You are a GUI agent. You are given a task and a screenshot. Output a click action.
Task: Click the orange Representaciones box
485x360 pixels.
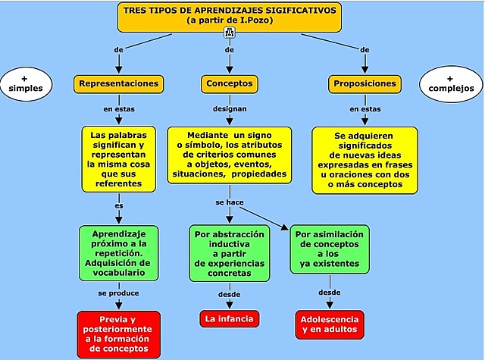coord(119,83)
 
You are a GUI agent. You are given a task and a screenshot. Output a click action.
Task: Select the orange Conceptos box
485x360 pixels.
coord(229,83)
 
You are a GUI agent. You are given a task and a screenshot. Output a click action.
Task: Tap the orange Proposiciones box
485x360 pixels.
coord(365,83)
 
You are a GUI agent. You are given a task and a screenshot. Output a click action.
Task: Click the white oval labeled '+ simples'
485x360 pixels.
coord(27,83)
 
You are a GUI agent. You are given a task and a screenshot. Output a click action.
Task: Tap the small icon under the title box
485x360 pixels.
coord(230,33)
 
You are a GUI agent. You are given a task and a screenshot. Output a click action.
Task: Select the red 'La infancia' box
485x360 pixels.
coord(229,318)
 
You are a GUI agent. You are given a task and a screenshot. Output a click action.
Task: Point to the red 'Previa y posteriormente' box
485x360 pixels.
coord(119,334)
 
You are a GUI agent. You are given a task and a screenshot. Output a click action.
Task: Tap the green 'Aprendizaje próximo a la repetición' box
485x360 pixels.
coord(119,252)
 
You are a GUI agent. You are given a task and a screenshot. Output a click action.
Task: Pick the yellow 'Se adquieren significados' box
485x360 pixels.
coord(365,158)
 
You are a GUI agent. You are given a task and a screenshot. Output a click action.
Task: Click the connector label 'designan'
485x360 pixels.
coord(229,109)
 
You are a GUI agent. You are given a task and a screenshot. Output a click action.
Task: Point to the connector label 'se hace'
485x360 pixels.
coord(230,202)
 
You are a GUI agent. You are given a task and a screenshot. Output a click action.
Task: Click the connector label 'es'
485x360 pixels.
coord(119,205)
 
